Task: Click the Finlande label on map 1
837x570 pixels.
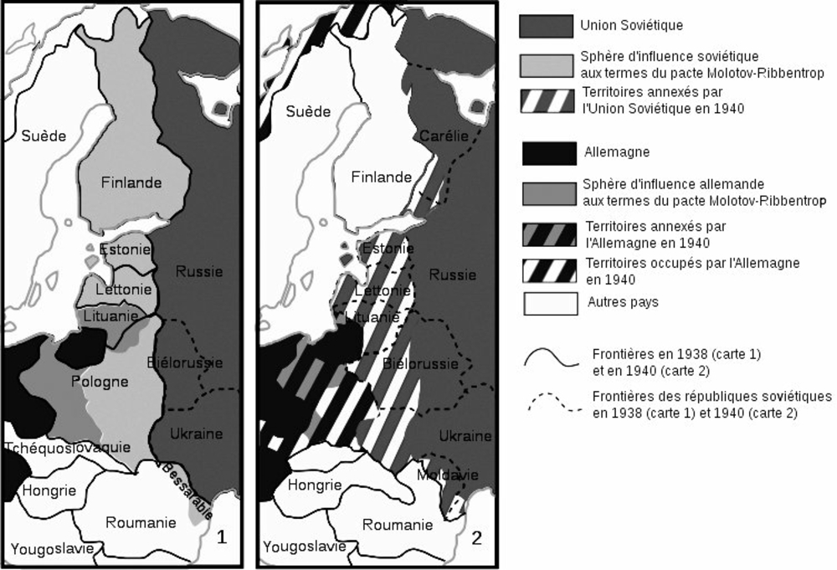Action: pyautogui.click(x=130, y=182)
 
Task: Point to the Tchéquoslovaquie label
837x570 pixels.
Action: pyautogui.click(x=67, y=447)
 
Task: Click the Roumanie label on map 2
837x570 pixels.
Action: pyautogui.click(x=398, y=525)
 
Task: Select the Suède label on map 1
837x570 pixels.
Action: pyautogui.click(x=44, y=136)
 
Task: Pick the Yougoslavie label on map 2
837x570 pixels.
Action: pyautogui.click(x=305, y=547)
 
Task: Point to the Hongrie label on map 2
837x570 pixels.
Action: pyautogui.click(x=314, y=485)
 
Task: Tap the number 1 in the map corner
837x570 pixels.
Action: pyautogui.click(x=222, y=537)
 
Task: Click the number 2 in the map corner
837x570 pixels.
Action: pyautogui.click(x=477, y=539)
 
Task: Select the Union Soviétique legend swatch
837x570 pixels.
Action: pyautogui.click(x=548, y=25)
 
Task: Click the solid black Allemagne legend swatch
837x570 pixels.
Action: pyautogui.click(x=549, y=153)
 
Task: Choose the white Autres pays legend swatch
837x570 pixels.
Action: pyautogui.click(x=550, y=303)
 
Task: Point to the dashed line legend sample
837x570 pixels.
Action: pyautogui.click(x=552, y=403)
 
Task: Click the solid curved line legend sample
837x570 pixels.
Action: pyautogui.click(x=552, y=357)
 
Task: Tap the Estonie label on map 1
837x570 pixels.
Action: pyautogui.click(x=126, y=249)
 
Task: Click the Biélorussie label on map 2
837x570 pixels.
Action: pyautogui.click(x=420, y=364)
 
